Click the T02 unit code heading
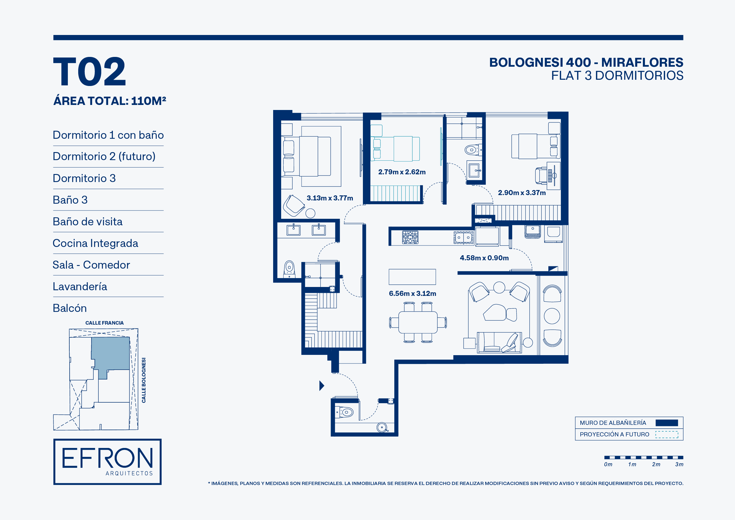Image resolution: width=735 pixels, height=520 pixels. (89, 71)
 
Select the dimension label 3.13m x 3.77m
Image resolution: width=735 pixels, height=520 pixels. (330, 198)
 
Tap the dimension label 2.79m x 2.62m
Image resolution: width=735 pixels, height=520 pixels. (402, 172)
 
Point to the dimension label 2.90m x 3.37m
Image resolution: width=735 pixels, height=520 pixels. (522, 193)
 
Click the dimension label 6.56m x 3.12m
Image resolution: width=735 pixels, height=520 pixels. (412, 294)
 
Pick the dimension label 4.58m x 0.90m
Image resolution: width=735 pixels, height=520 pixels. (484, 258)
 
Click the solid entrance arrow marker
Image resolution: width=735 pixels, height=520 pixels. (322, 385)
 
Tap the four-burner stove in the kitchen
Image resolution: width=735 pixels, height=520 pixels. (410, 238)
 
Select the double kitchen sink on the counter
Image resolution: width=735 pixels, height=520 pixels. (464, 238)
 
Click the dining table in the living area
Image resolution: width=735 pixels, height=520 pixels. (418, 322)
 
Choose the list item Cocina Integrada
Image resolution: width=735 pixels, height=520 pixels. (95, 243)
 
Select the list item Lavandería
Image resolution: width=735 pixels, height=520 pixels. (80, 286)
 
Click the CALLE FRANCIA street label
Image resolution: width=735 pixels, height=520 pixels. (104, 323)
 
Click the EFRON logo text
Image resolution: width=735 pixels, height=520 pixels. (108, 458)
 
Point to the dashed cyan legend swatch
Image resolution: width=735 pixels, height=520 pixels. (667, 434)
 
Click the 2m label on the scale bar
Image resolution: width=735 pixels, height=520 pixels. (656, 464)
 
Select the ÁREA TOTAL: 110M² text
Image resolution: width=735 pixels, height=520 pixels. (110, 101)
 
